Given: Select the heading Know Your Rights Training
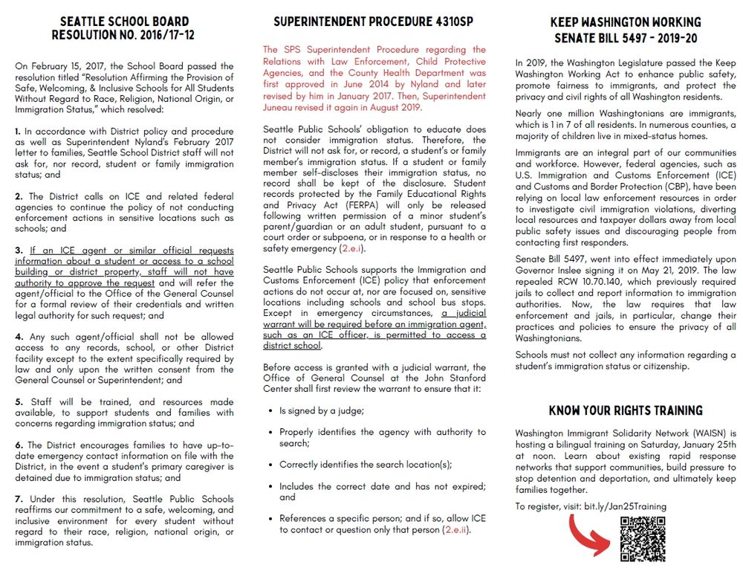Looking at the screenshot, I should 626,410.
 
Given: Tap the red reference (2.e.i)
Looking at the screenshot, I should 352,249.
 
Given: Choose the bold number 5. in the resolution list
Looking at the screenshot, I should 19,401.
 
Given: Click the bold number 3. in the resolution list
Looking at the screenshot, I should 19,251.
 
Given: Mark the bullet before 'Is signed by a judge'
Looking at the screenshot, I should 270,411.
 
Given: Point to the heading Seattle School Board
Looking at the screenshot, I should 124,22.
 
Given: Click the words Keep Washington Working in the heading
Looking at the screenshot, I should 626,22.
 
